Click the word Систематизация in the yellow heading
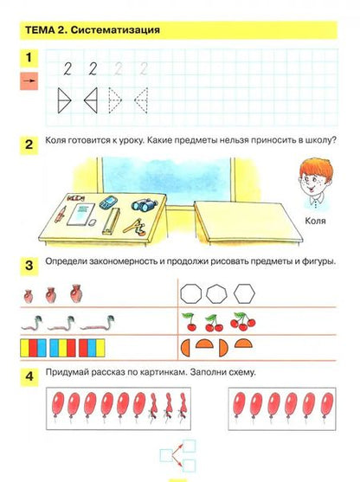point(115,30)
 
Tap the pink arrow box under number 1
point(29,81)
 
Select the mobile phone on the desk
point(108,202)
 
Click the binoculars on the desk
point(145,205)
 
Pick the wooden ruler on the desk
point(111,221)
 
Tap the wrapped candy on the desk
point(75,197)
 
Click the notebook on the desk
point(80,214)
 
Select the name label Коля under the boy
point(315,221)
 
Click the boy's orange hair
point(316,168)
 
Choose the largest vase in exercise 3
point(75,293)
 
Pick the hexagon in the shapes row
point(244,293)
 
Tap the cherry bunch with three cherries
point(242,321)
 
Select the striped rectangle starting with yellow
point(33,348)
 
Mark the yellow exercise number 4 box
point(29,376)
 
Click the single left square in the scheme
point(166,455)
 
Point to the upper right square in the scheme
point(189,446)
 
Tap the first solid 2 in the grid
point(67,68)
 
